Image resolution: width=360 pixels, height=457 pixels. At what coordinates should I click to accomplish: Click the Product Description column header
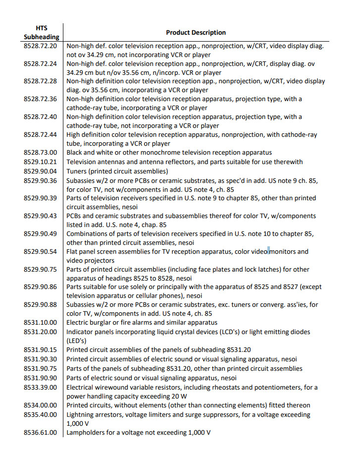pyautogui.click(x=196, y=32)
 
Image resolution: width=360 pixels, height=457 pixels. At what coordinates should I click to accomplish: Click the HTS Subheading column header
pyautogui.click(x=42, y=32)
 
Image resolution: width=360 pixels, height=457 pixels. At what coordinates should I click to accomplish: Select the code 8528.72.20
pyautogui.click(x=41, y=46)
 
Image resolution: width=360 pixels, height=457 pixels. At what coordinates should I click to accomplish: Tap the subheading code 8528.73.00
pyautogui.click(x=41, y=153)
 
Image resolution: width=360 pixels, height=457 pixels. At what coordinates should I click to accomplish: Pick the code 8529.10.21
pyautogui.click(x=41, y=162)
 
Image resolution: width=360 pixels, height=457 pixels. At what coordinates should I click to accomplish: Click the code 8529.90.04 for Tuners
pyautogui.click(x=41, y=171)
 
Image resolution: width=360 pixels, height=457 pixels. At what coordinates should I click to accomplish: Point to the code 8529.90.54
pyautogui.click(x=41, y=251)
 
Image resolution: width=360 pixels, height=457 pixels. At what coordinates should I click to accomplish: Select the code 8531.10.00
pyautogui.click(x=41, y=323)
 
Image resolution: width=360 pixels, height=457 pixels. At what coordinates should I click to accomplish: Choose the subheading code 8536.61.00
pyautogui.click(x=41, y=432)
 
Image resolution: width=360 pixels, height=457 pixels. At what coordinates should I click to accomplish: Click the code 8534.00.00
pyautogui.click(x=41, y=405)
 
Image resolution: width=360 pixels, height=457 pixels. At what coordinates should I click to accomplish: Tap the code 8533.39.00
pyautogui.click(x=41, y=387)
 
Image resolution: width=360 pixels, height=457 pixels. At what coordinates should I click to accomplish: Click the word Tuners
pyautogui.click(x=78, y=171)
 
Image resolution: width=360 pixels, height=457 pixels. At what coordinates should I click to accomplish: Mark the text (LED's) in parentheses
pyautogui.click(x=77, y=341)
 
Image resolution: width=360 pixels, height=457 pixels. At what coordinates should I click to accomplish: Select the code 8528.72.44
pyautogui.click(x=41, y=135)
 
